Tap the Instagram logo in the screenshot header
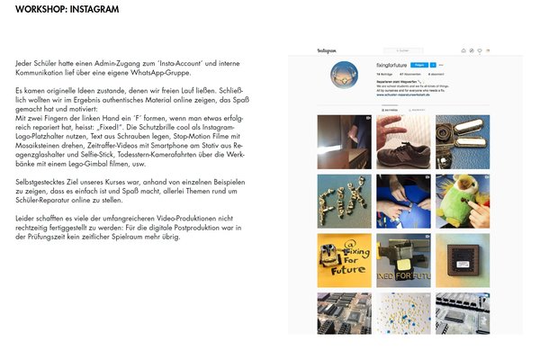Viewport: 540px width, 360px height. point(326,50)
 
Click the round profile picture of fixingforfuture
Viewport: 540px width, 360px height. point(345,75)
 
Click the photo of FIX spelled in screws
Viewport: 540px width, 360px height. point(343,201)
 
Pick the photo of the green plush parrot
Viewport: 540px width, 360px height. point(463,201)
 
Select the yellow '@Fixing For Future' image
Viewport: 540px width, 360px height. point(343,259)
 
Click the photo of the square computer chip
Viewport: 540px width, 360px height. point(463,259)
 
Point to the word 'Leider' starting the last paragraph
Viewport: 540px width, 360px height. point(25,219)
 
